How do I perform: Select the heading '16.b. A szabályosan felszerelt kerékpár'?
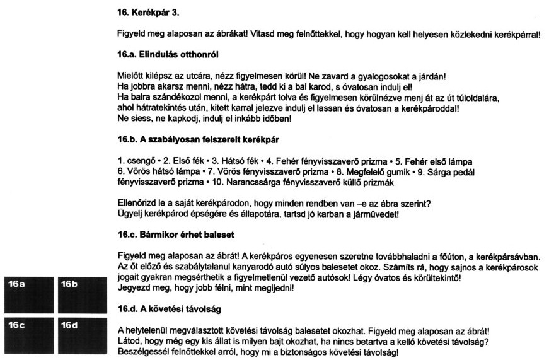[x=195, y=137]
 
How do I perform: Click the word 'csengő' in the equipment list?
[x=138, y=161]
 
